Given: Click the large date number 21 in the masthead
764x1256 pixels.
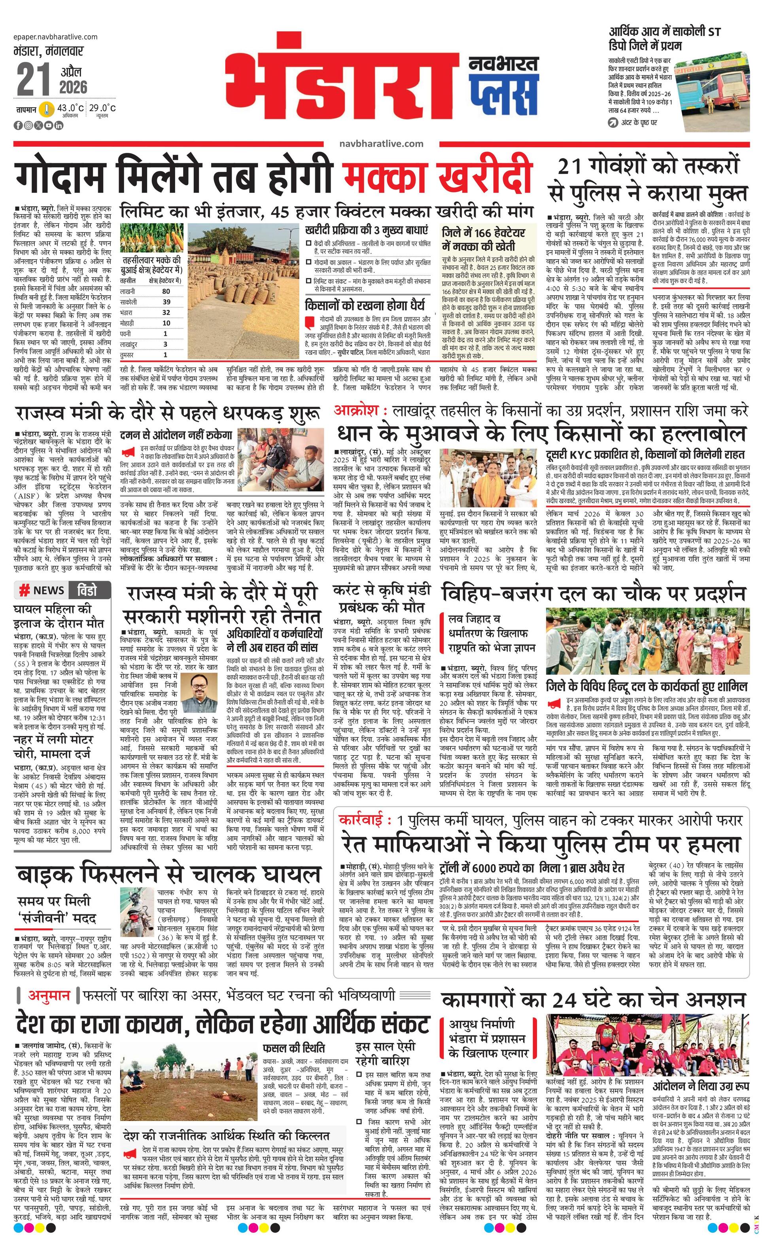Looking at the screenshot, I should point(34,80).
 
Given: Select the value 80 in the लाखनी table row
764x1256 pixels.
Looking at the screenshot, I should point(166,291).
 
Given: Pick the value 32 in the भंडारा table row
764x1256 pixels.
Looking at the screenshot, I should point(166,312).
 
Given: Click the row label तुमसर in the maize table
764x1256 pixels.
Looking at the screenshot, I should point(127,355).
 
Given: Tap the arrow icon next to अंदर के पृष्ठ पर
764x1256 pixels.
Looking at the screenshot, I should point(613,123).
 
